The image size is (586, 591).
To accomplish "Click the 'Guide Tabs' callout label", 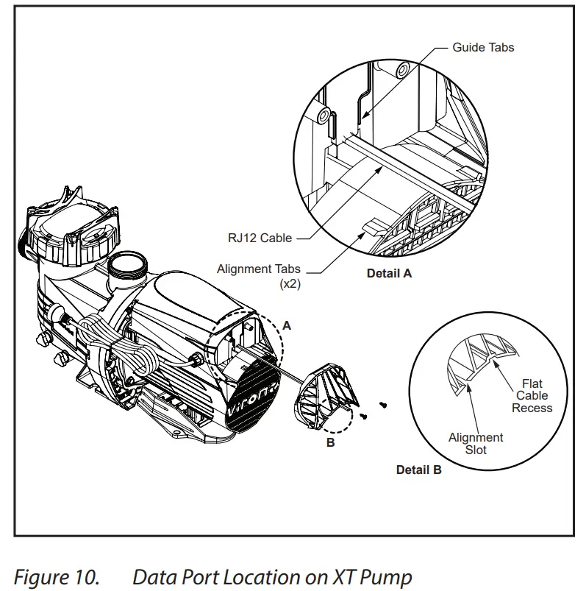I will coord(483,47).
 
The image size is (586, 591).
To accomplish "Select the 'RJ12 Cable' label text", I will coord(260,238).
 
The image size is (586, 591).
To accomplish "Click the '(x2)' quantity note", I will coord(289,284).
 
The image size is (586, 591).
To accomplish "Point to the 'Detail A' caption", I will coord(389,273).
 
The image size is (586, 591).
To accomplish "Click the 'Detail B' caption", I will coord(418,470).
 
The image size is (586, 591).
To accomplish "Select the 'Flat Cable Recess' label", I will coord(532,396).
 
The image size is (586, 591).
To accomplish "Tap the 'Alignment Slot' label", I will coord(476,443).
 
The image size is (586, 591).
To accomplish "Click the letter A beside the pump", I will coord(287,325).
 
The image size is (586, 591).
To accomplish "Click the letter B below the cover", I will coord(330,442).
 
